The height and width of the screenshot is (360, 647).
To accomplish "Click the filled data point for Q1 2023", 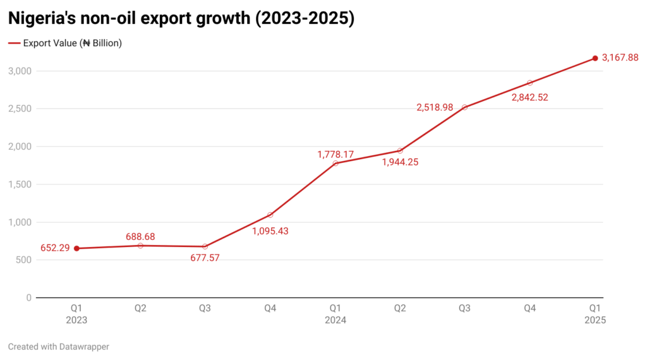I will [x=76, y=248].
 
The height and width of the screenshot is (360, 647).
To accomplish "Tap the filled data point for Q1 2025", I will [x=595, y=58].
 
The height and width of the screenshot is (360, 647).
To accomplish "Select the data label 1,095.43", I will [x=270, y=231].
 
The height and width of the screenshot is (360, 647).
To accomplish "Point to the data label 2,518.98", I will [x=435, y=107].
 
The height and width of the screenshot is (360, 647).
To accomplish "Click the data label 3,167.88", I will [x=620, y=57].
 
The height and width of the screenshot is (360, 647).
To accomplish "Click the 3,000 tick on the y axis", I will [x=20, y=71].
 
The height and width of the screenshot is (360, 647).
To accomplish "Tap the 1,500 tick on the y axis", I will [x=20, y=184].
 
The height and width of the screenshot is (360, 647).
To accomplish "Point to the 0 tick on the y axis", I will [x=28, y=297].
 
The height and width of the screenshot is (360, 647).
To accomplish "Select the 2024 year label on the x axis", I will [x=335, y=320].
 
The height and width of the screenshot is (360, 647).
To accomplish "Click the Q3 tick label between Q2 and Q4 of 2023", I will [x=205, y=308].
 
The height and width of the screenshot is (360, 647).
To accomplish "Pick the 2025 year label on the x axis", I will [x=595, y=320].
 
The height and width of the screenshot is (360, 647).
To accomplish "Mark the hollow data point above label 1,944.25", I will [x=400, y=150].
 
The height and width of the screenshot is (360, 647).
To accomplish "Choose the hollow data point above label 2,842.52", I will [x=529, y=83].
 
